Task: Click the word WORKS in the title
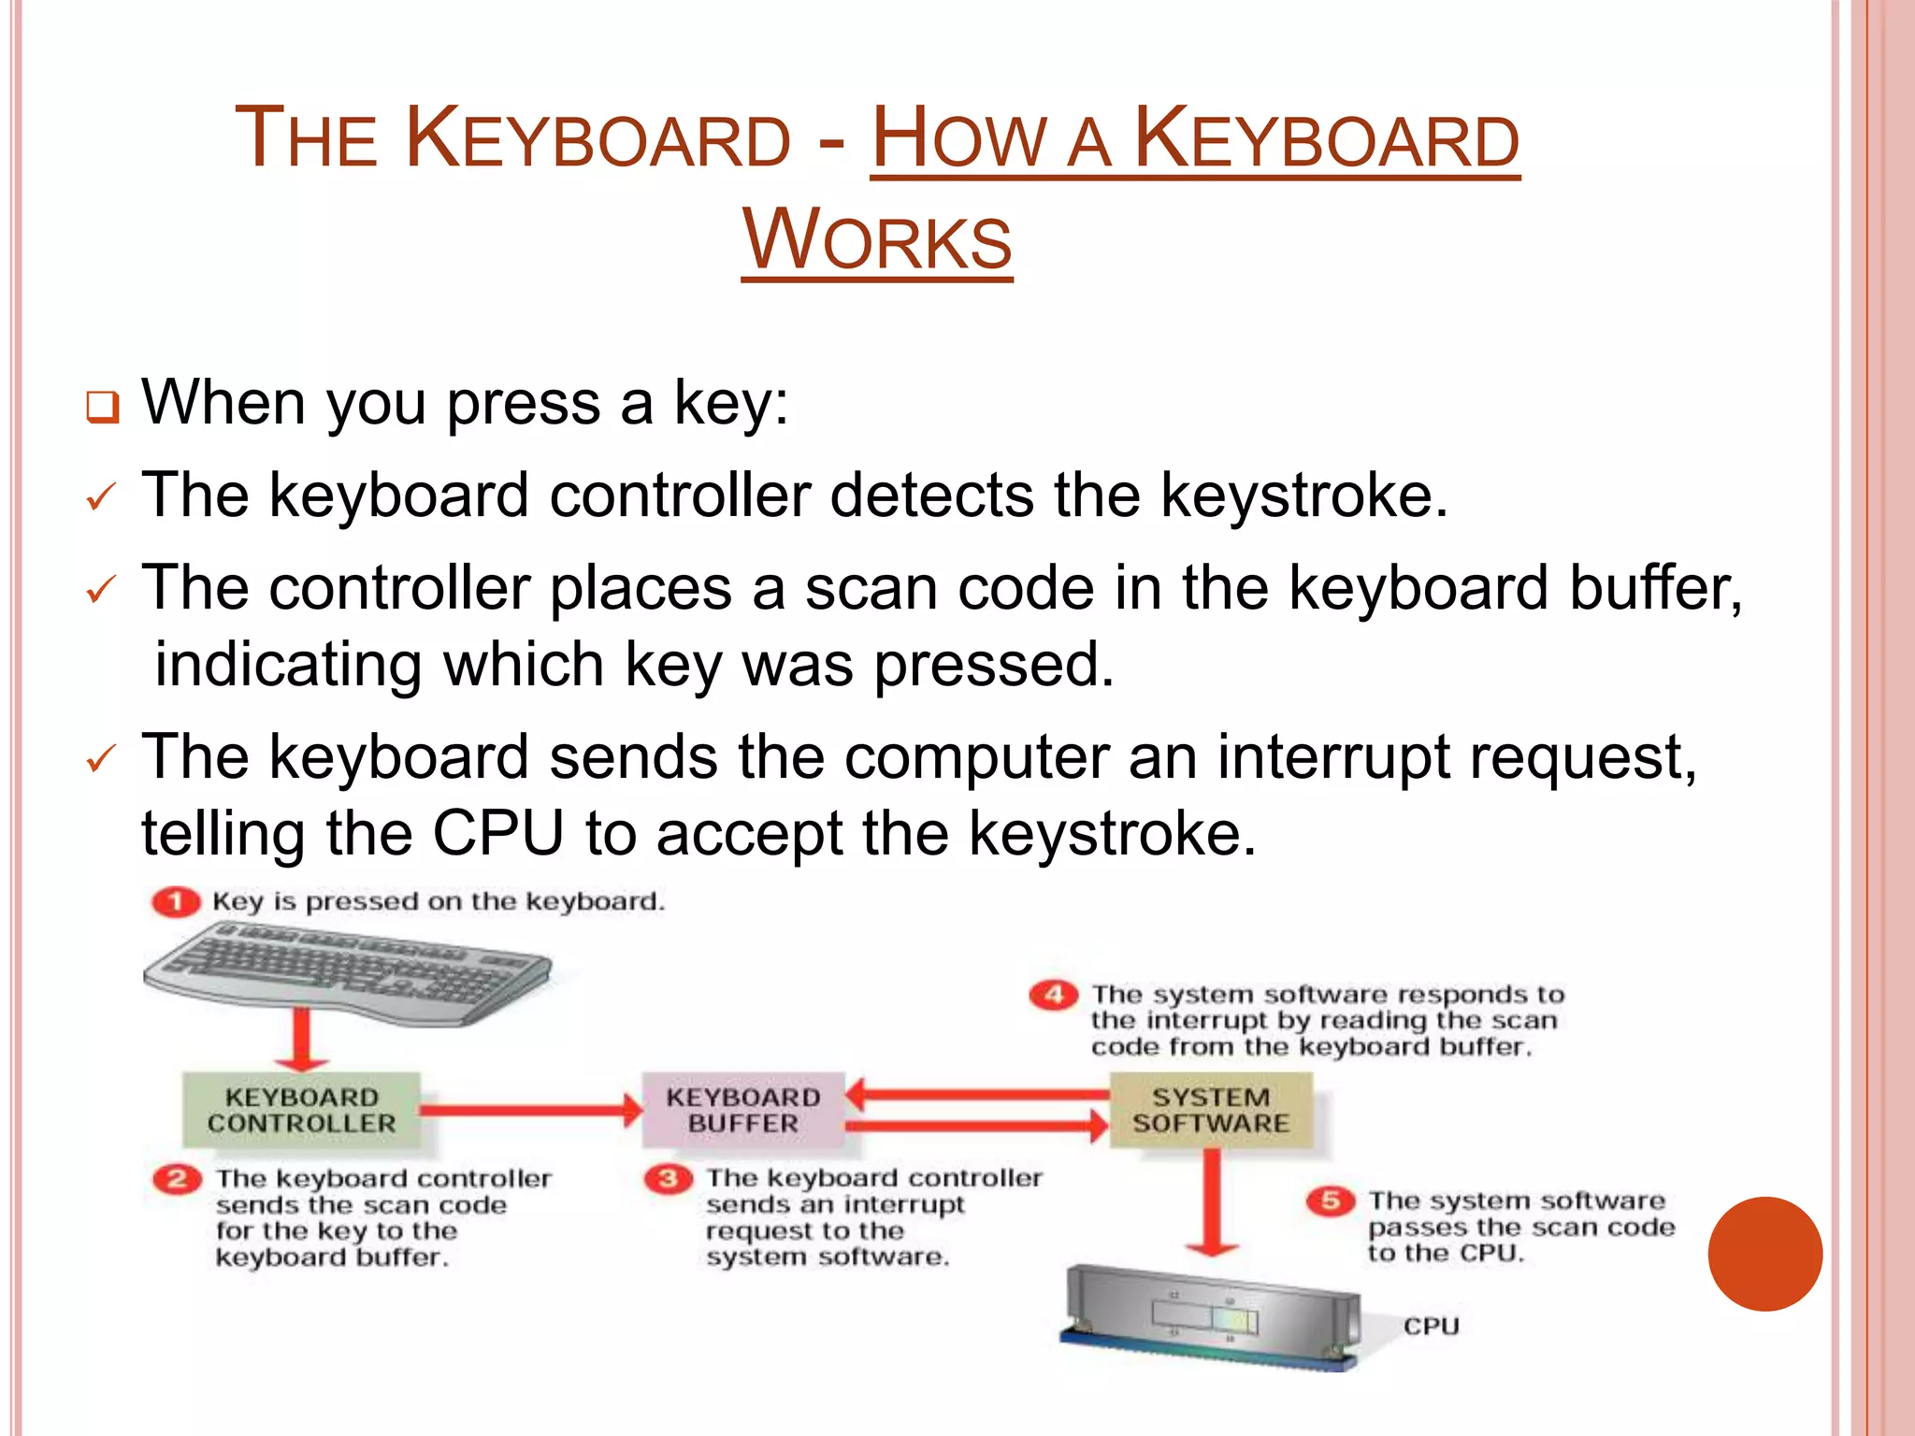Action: pyautogui.click(x=877, y=240)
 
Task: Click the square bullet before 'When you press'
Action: pyautogui.click(x=102, y=408)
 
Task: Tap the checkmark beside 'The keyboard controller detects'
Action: pyautogui.click(x=100, y=496)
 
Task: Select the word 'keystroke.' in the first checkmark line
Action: pyautogui.click(x=1304, y=495)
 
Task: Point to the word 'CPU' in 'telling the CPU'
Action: pyautogui.click(x=497, y=833)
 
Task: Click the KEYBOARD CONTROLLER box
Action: pyautogui.click(x=301, y=1111)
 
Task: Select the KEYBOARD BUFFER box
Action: pyautogui.click(x=743, y=1111)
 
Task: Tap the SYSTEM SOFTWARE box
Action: pyautogui.click(x=1211, y=1111)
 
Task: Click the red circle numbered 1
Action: pyautogui.click(x=176, y=902)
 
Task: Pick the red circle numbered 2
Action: pyautogui.click(x=178, y=1179)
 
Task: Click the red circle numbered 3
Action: pyautogui.click(x=669, y=1179)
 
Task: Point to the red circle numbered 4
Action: pyautogui.click(x=1054, y=995)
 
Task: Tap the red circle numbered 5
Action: pyautogui.click(x=1331, y=1201)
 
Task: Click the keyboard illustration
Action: pyautogui.click(x=346, y=970)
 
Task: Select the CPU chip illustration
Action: pyautogui.click(x=1211, y=1318)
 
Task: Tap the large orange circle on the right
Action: pyautogui.click(x=1764, y=1254)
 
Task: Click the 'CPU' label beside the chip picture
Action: pyautogui.click(x=1431, y=1327)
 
